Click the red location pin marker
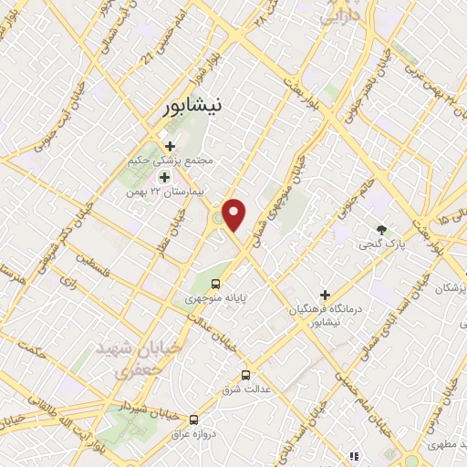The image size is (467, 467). click(x=235, y=215)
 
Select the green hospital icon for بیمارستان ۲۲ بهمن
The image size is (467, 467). click(x=164, y=176)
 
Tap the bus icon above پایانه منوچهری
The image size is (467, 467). click(x=216, y=284)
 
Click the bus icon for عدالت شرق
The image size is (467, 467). click(x=244, y=374)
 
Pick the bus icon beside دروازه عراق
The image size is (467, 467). click(x=193, y=420)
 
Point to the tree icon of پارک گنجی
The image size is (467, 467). click(x=382, y=230)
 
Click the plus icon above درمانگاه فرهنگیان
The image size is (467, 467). click(x=324, y=295)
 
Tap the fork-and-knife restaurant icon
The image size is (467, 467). click(x=352, y=456)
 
